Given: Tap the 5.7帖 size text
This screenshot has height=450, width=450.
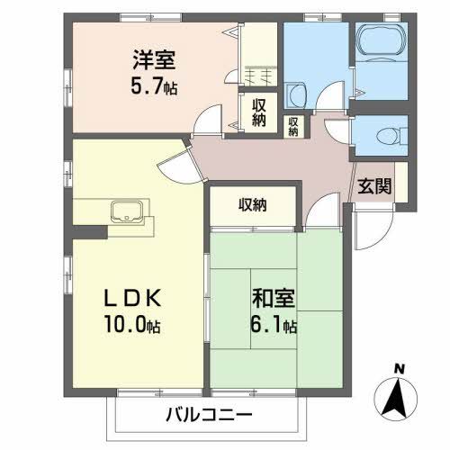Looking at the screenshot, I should [x=150, y=87].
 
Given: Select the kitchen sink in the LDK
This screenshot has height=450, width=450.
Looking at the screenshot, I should [x=126, y=212].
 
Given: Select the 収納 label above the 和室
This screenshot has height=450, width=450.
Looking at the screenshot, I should [x=252, y=204].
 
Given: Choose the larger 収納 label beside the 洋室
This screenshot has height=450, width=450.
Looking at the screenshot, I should [x=259, y=112].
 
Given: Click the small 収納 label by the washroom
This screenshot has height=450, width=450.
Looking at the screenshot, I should [x=293, y=125].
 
